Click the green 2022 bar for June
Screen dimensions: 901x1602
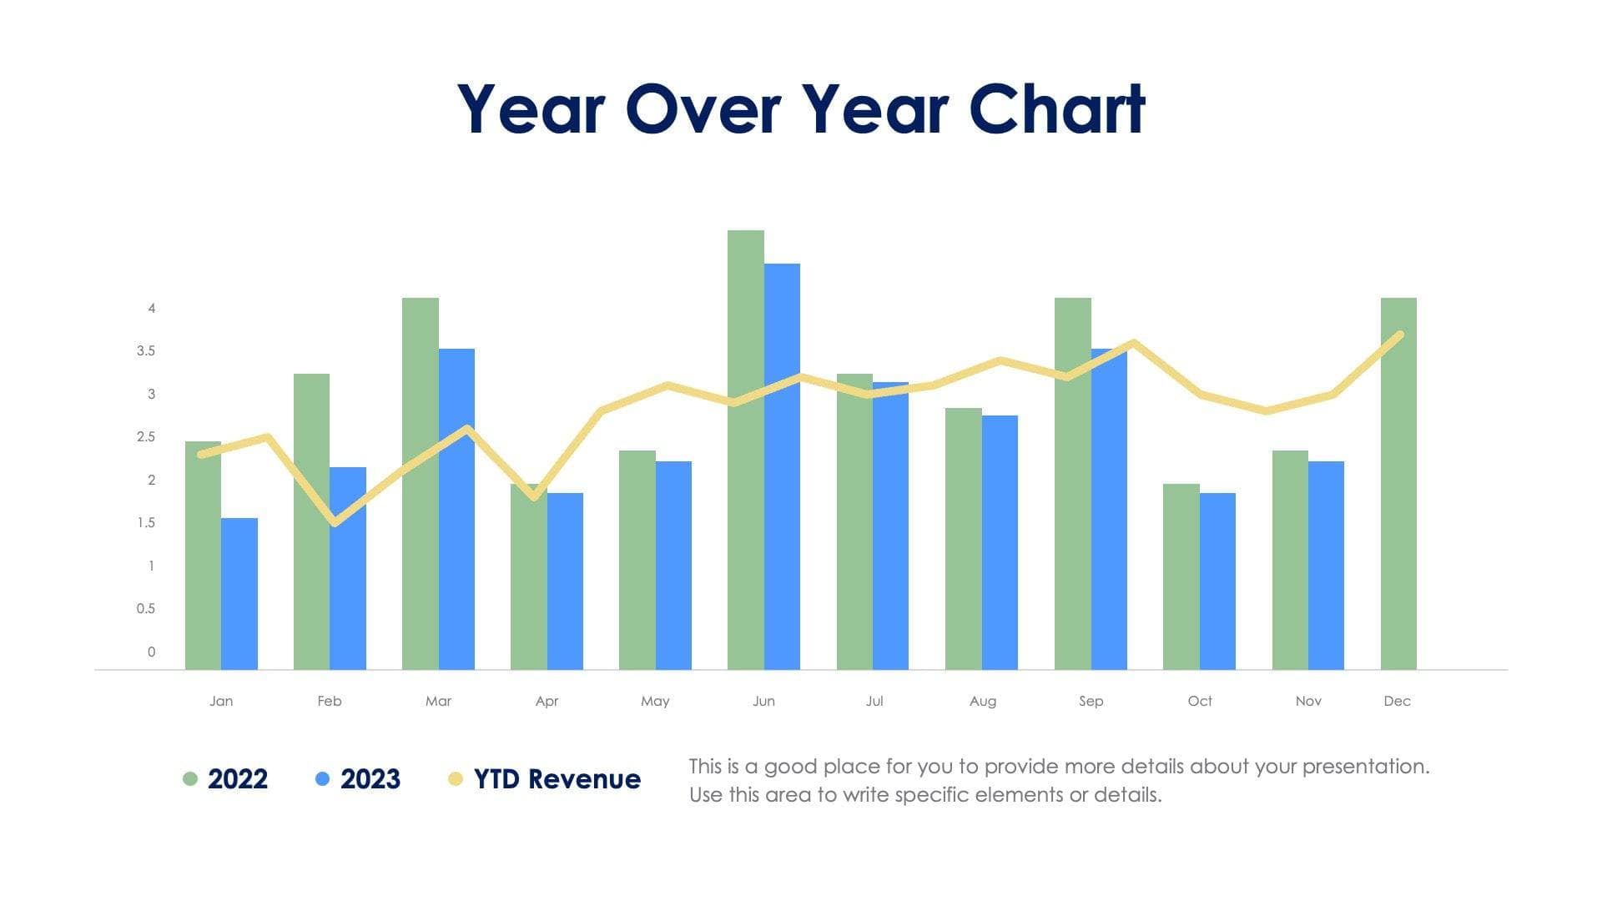tap(745, 450)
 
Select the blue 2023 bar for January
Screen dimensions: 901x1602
tap(239, 594)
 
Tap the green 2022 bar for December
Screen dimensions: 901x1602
tap(1398, 484)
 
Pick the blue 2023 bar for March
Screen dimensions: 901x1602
tap(456, 509)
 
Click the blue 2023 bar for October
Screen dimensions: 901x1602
tap(1217, 581)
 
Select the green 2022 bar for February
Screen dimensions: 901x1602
tap(311, 521)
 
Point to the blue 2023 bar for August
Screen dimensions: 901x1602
tap(1000, 542)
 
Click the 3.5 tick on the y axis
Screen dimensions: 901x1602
tap(146, 351)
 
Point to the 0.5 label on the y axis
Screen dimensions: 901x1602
tap(146, 609)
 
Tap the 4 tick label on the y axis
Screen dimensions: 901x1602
tap(152, 309)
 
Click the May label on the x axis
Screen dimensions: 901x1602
tap(655, 702)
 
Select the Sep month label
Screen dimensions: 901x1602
tap(1091, 702)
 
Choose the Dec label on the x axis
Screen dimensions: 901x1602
tap(1397, 702)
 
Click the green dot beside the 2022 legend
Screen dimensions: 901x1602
tap(190, 779)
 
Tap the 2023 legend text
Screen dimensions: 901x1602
tap(370, 779)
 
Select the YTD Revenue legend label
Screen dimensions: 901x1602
tap(557, 779)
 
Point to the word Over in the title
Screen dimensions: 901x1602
tap(703, 109)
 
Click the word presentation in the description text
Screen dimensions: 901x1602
tap(1365, 767)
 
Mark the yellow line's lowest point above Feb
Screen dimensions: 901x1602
tap(335, 523)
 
